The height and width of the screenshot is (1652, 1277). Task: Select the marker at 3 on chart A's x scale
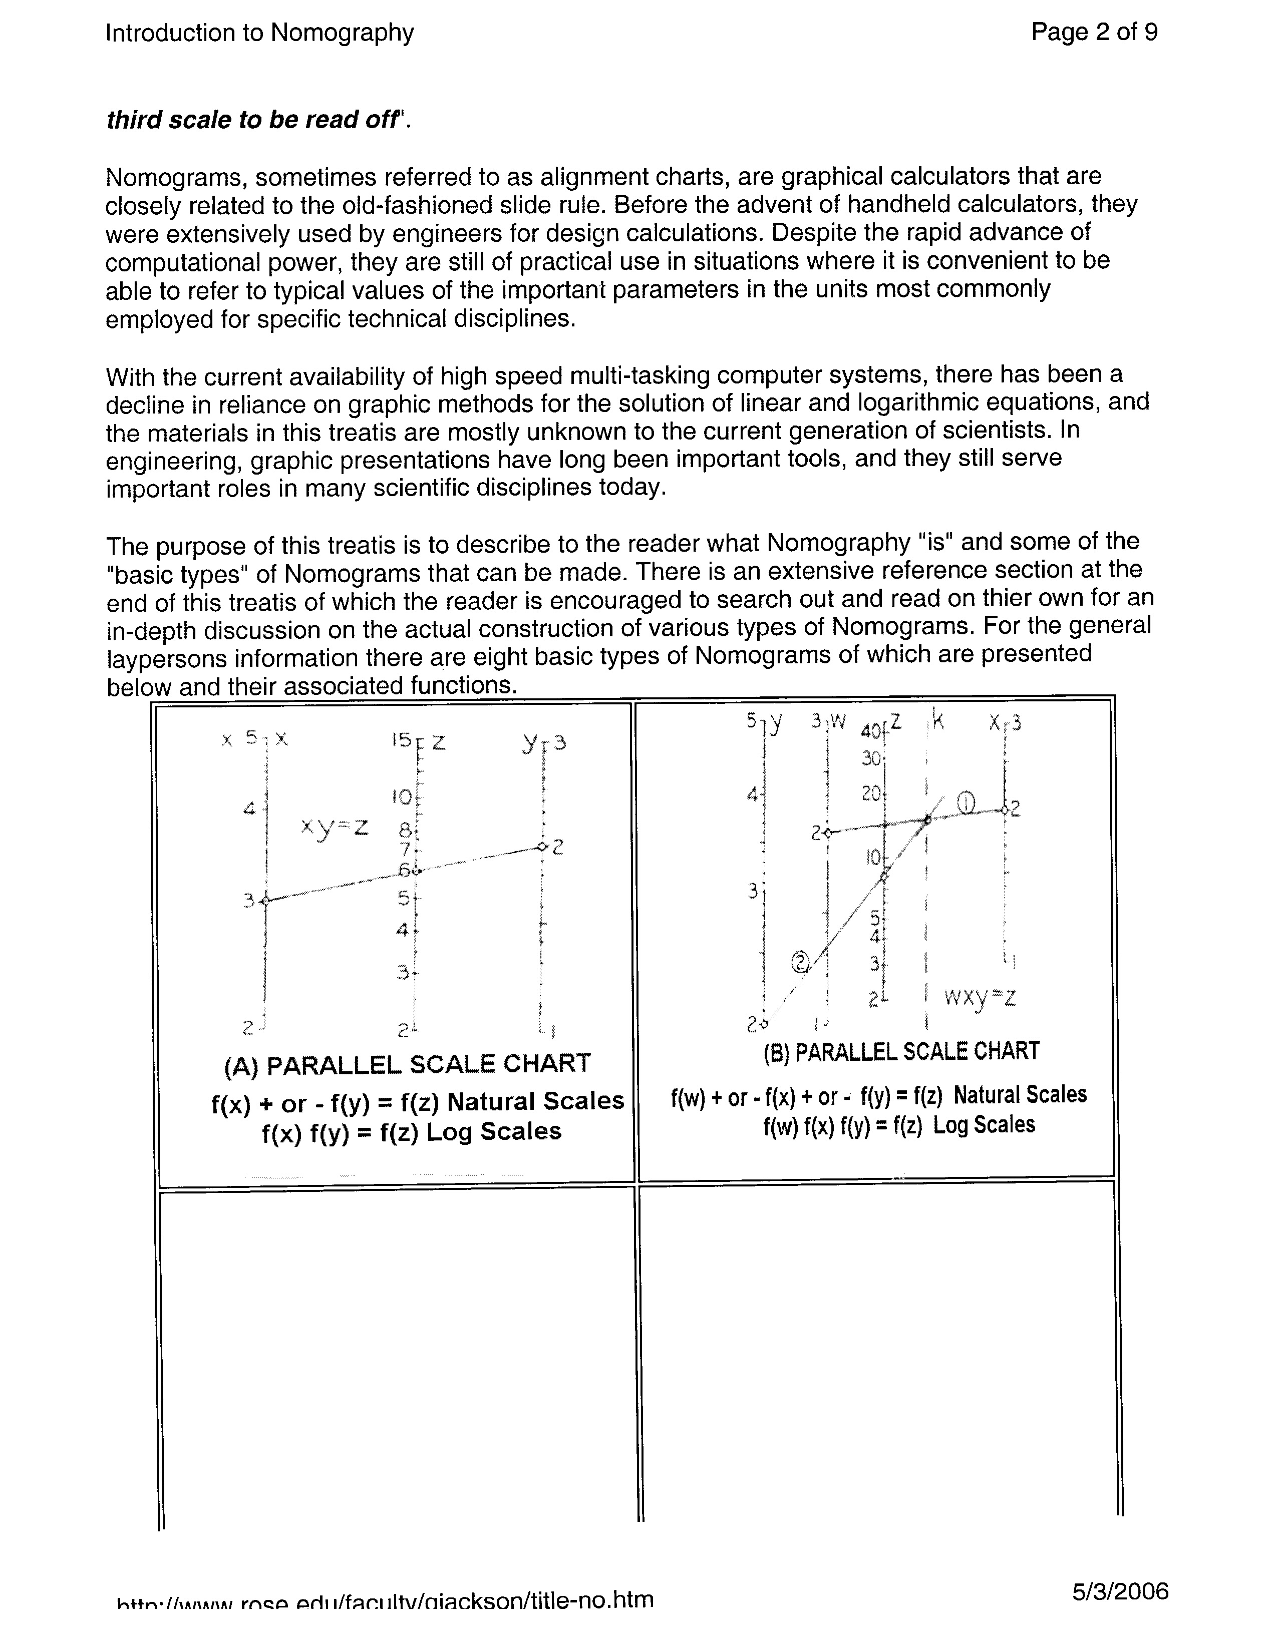click(265, 900)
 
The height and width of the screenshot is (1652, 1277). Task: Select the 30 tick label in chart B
click(871, 758)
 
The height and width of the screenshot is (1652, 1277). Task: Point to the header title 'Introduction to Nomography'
click(259, 33)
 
